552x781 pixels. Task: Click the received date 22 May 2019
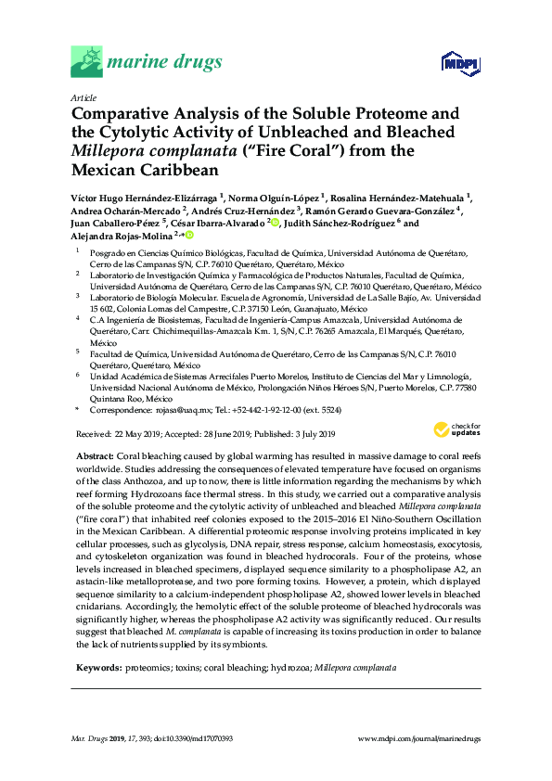(x=124, y=434)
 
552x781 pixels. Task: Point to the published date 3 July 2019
(x=310, y=434)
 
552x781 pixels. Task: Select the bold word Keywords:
(x=96, y=667)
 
